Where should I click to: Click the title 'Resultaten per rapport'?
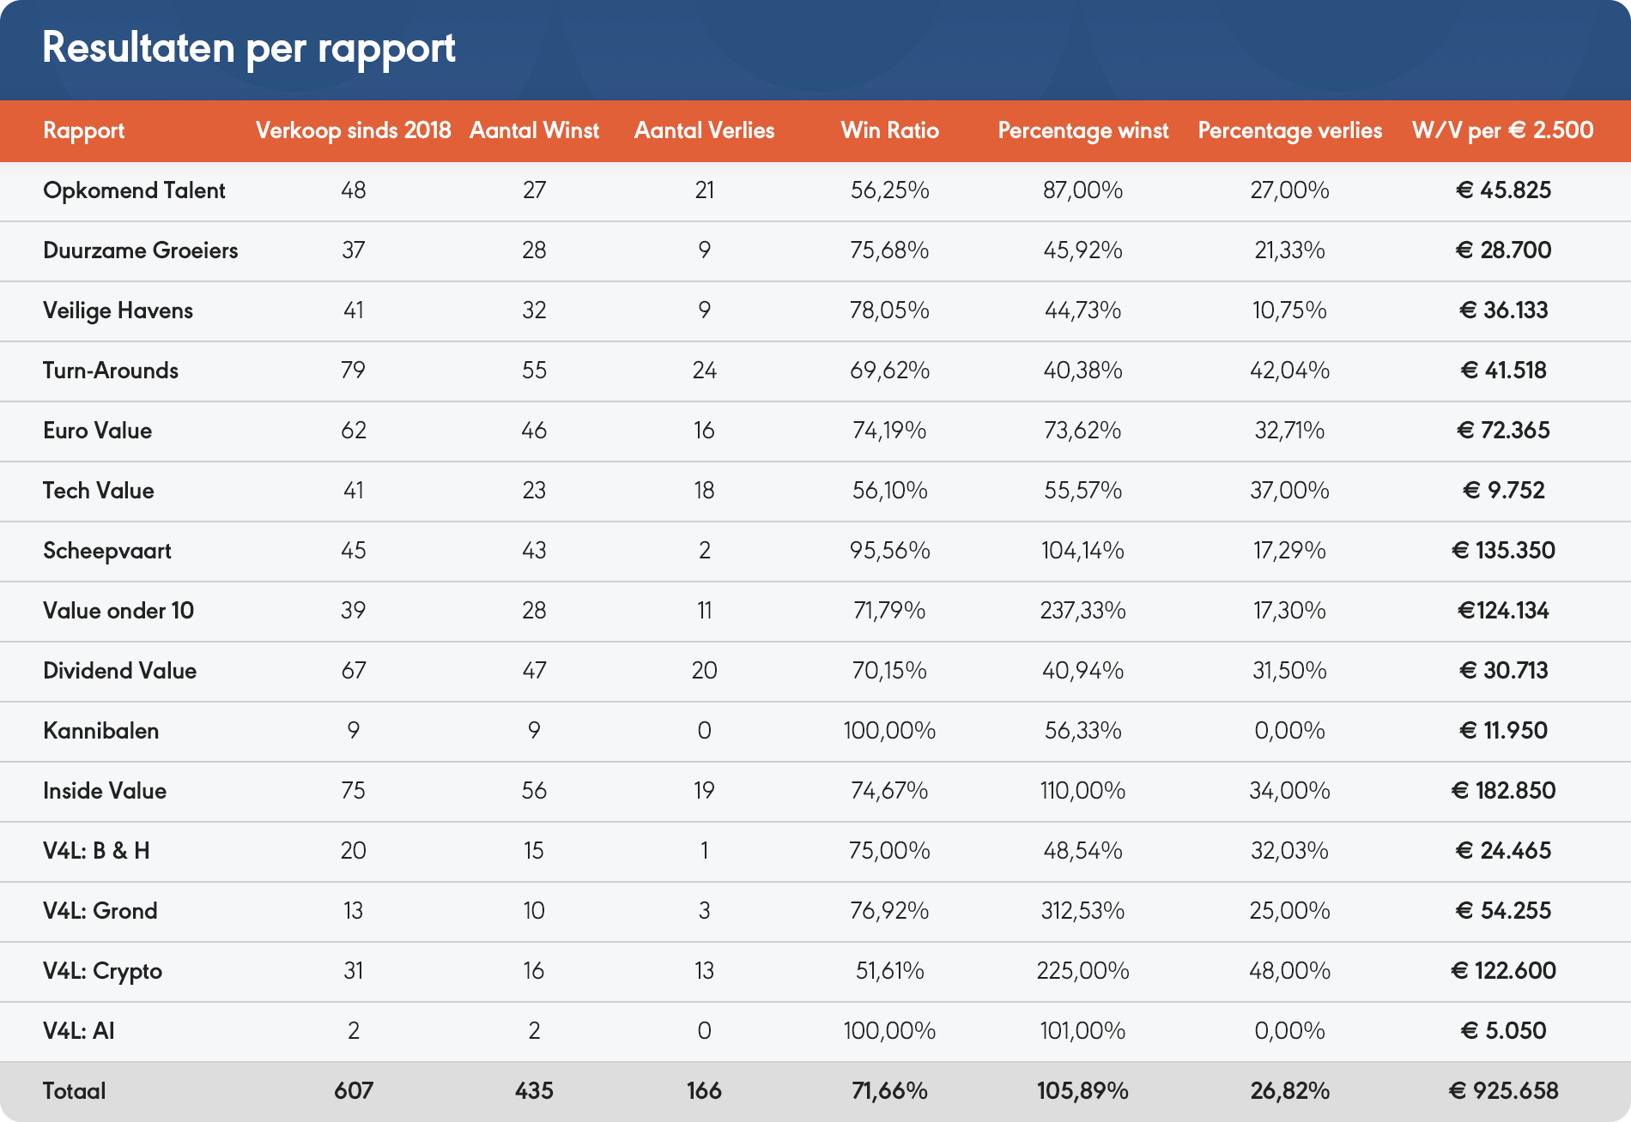click(x=248, y=48)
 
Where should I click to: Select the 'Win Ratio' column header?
click(x=889, y=130)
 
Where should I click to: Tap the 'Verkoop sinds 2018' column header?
click(x=353, y=130)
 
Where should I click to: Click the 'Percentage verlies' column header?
click(x=1289, y=130)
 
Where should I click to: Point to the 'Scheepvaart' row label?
click(x=107, y=551)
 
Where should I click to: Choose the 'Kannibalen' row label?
click(x=101, y=731)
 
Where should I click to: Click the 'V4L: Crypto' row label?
click(x=103, y=971)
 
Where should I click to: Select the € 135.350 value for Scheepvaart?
click(x=1503, y=551)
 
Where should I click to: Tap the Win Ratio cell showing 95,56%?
click(x=889, y=551)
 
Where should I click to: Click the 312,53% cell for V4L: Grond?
click(x=1082, y=911)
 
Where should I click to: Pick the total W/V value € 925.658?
click(x=1503, y=1091)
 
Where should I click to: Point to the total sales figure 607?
click(x=354, y=1091)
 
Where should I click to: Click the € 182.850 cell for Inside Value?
click(x=1503, y=791)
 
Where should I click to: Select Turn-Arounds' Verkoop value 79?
click(x=354, y=371)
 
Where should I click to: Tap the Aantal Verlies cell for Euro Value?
click(x=704, y=431)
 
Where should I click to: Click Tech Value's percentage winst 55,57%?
click(x=1082, y=491)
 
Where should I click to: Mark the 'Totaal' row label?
click(x=75, y=1091)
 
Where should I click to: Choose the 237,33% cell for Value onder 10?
click(x=1082, y=611)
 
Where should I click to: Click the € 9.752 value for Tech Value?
click(x=1503, y=491)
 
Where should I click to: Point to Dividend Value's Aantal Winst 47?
click(x=534, y=671)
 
